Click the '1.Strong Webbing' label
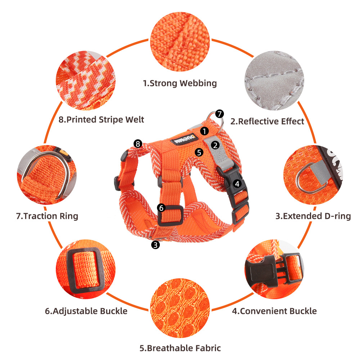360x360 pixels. [x=180, y=84]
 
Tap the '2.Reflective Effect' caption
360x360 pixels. [x=267, y=121]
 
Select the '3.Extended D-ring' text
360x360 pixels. [x=313, y=216]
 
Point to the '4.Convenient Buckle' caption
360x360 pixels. [x=274, y=311]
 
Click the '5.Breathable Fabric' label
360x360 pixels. [x=180, y=348]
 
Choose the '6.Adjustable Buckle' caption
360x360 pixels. [x=86, y=311]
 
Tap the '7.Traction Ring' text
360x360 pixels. [x=47, y=216]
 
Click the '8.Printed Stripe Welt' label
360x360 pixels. [x=101, y=120]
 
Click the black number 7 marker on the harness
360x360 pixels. [x=220, y=114]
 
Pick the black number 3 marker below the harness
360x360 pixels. [x=156, y=245]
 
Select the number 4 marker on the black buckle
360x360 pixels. [x=237, y=184]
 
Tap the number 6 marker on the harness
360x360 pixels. [x=161, y=208]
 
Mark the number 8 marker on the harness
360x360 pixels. [x=138, y=144]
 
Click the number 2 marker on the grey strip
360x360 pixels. [x=215, y=145]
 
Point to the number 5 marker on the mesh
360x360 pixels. [x=199, y=152]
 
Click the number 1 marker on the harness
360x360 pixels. [x=204, y=131]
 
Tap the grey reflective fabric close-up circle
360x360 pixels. [x=274, y=81]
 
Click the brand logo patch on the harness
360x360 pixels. [x=184, y=139]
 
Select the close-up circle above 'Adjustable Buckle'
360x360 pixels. [x=86, y=269]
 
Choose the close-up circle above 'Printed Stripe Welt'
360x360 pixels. [x=86, y=81]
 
